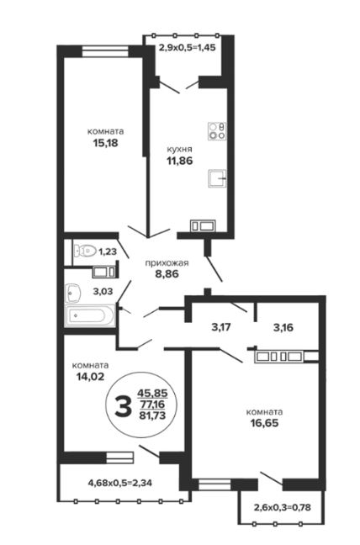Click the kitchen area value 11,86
coord(180,161)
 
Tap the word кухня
coord(179,150)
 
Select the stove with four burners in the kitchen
coord(217,131)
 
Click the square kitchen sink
coord(217,178)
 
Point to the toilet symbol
coord(85,250)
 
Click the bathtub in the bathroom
coord(90,315)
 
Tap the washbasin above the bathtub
coord(72,293)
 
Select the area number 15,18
coord(105,142)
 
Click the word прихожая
coord(167,263)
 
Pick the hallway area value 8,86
coord(167,274)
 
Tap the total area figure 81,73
coord(152,415)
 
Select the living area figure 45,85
coord(152,393)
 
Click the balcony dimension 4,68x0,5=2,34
coord(120,483)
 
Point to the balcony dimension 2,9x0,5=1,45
coord(188,47)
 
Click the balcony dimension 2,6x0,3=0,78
coord(282,507)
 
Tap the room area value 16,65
coord(264,423)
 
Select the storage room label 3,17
coord(221,327)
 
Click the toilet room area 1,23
coord(108,251)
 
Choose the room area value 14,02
coord(90,377)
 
